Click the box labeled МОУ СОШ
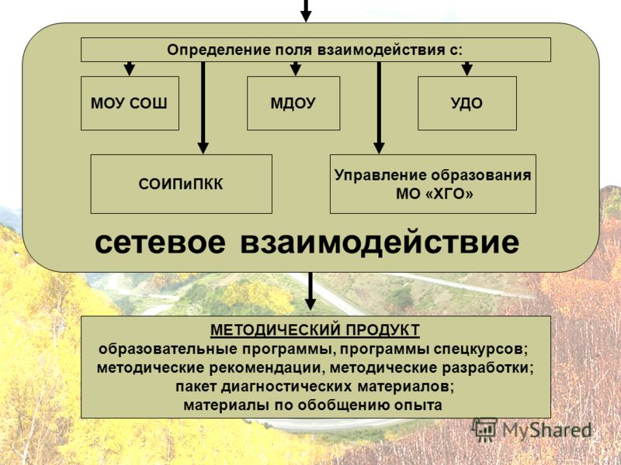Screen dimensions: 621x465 (130, 103)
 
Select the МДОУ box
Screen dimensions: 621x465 (293, 103)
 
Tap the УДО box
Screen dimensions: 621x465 (467, 103)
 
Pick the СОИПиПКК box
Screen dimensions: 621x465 (182, 184)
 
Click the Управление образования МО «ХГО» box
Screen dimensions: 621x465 (433, 184)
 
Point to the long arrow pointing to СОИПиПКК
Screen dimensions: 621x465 (203, 108)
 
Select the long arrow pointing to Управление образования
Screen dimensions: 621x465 (379, 108)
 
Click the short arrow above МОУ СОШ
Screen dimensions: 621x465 (129, 68)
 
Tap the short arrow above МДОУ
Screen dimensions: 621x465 (296, 68)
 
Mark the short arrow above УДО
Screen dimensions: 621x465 (467, 68)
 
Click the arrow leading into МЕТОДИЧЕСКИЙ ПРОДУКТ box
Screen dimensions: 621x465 (310, 291)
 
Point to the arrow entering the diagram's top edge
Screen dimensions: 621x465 (305, 11)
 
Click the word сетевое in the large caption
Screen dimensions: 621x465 (160, 242)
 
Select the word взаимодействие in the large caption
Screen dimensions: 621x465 (380, 243)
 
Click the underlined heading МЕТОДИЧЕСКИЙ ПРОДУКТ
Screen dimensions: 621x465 (315, 330)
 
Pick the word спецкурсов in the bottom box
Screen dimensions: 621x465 (480, 350)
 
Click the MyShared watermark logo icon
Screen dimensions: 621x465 (484, 430)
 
